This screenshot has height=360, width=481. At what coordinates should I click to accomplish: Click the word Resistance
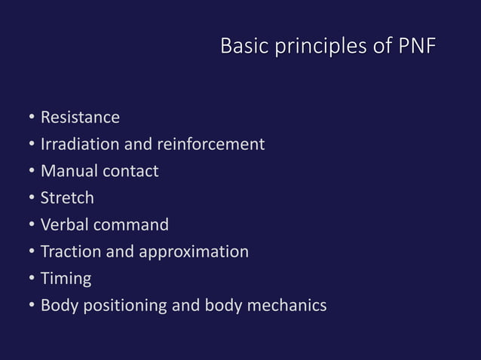tap(80, 117)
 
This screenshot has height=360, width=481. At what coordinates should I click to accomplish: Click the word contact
tap(130, 171)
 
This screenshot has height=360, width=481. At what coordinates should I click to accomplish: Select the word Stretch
tap(67, 198)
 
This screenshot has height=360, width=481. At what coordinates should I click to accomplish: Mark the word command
tap(132, 224)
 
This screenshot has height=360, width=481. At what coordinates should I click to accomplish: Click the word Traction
tap(70, 252)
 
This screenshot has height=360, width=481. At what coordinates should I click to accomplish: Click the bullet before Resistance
tap(31, 118)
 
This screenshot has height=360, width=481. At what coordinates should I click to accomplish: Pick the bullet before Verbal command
tap(31, 225)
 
